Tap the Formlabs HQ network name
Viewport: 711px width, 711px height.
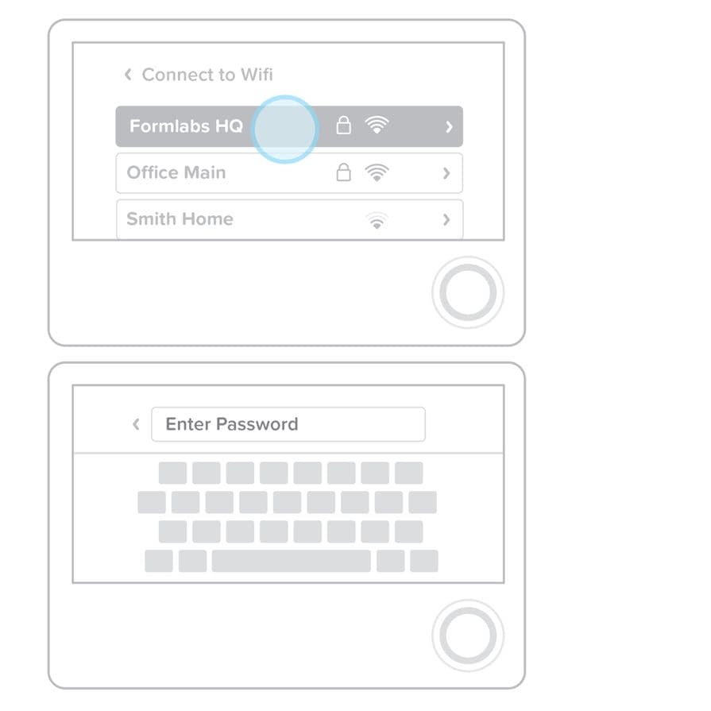pyautogui.click(x=186, y=126)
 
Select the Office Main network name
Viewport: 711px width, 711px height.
pyautogui.click(x=176, y=172)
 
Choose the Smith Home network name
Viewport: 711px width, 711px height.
pyautogui.click(x=180, y=219)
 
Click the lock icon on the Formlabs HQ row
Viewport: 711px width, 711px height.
pyautogui.click(x=344, y=126)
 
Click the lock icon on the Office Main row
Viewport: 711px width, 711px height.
pyautogui.click(x=344, y=172)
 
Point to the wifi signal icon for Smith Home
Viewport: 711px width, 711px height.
pyautogui.click(x=377, y=220)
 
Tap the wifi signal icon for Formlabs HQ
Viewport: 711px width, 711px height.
pyautogui.click(x=377, y=126)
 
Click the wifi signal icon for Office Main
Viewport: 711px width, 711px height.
pyautogui.click(x=377, y=172)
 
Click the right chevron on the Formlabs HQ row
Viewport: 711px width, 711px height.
pyautogui.click(x=449, y=127)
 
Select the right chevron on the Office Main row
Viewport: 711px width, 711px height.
pyautogui.click(x=446, y=173)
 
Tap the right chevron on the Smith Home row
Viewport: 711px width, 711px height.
pyautogui.click(x=446, y=220)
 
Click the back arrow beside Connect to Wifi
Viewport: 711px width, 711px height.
pyautogui.click(x=128, y=75)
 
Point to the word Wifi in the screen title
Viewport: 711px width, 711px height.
pyautogui.click(x=257, y=75)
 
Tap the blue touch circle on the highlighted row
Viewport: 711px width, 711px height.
pyautogui.click(x=284, y=129)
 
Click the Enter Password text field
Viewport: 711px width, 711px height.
pyautogui.click(x=288, y=424)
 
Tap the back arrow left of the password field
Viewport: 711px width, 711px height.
pyautogui.click(x=136, y=424)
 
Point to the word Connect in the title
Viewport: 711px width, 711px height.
pyautogui.click(x=175, y=75)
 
